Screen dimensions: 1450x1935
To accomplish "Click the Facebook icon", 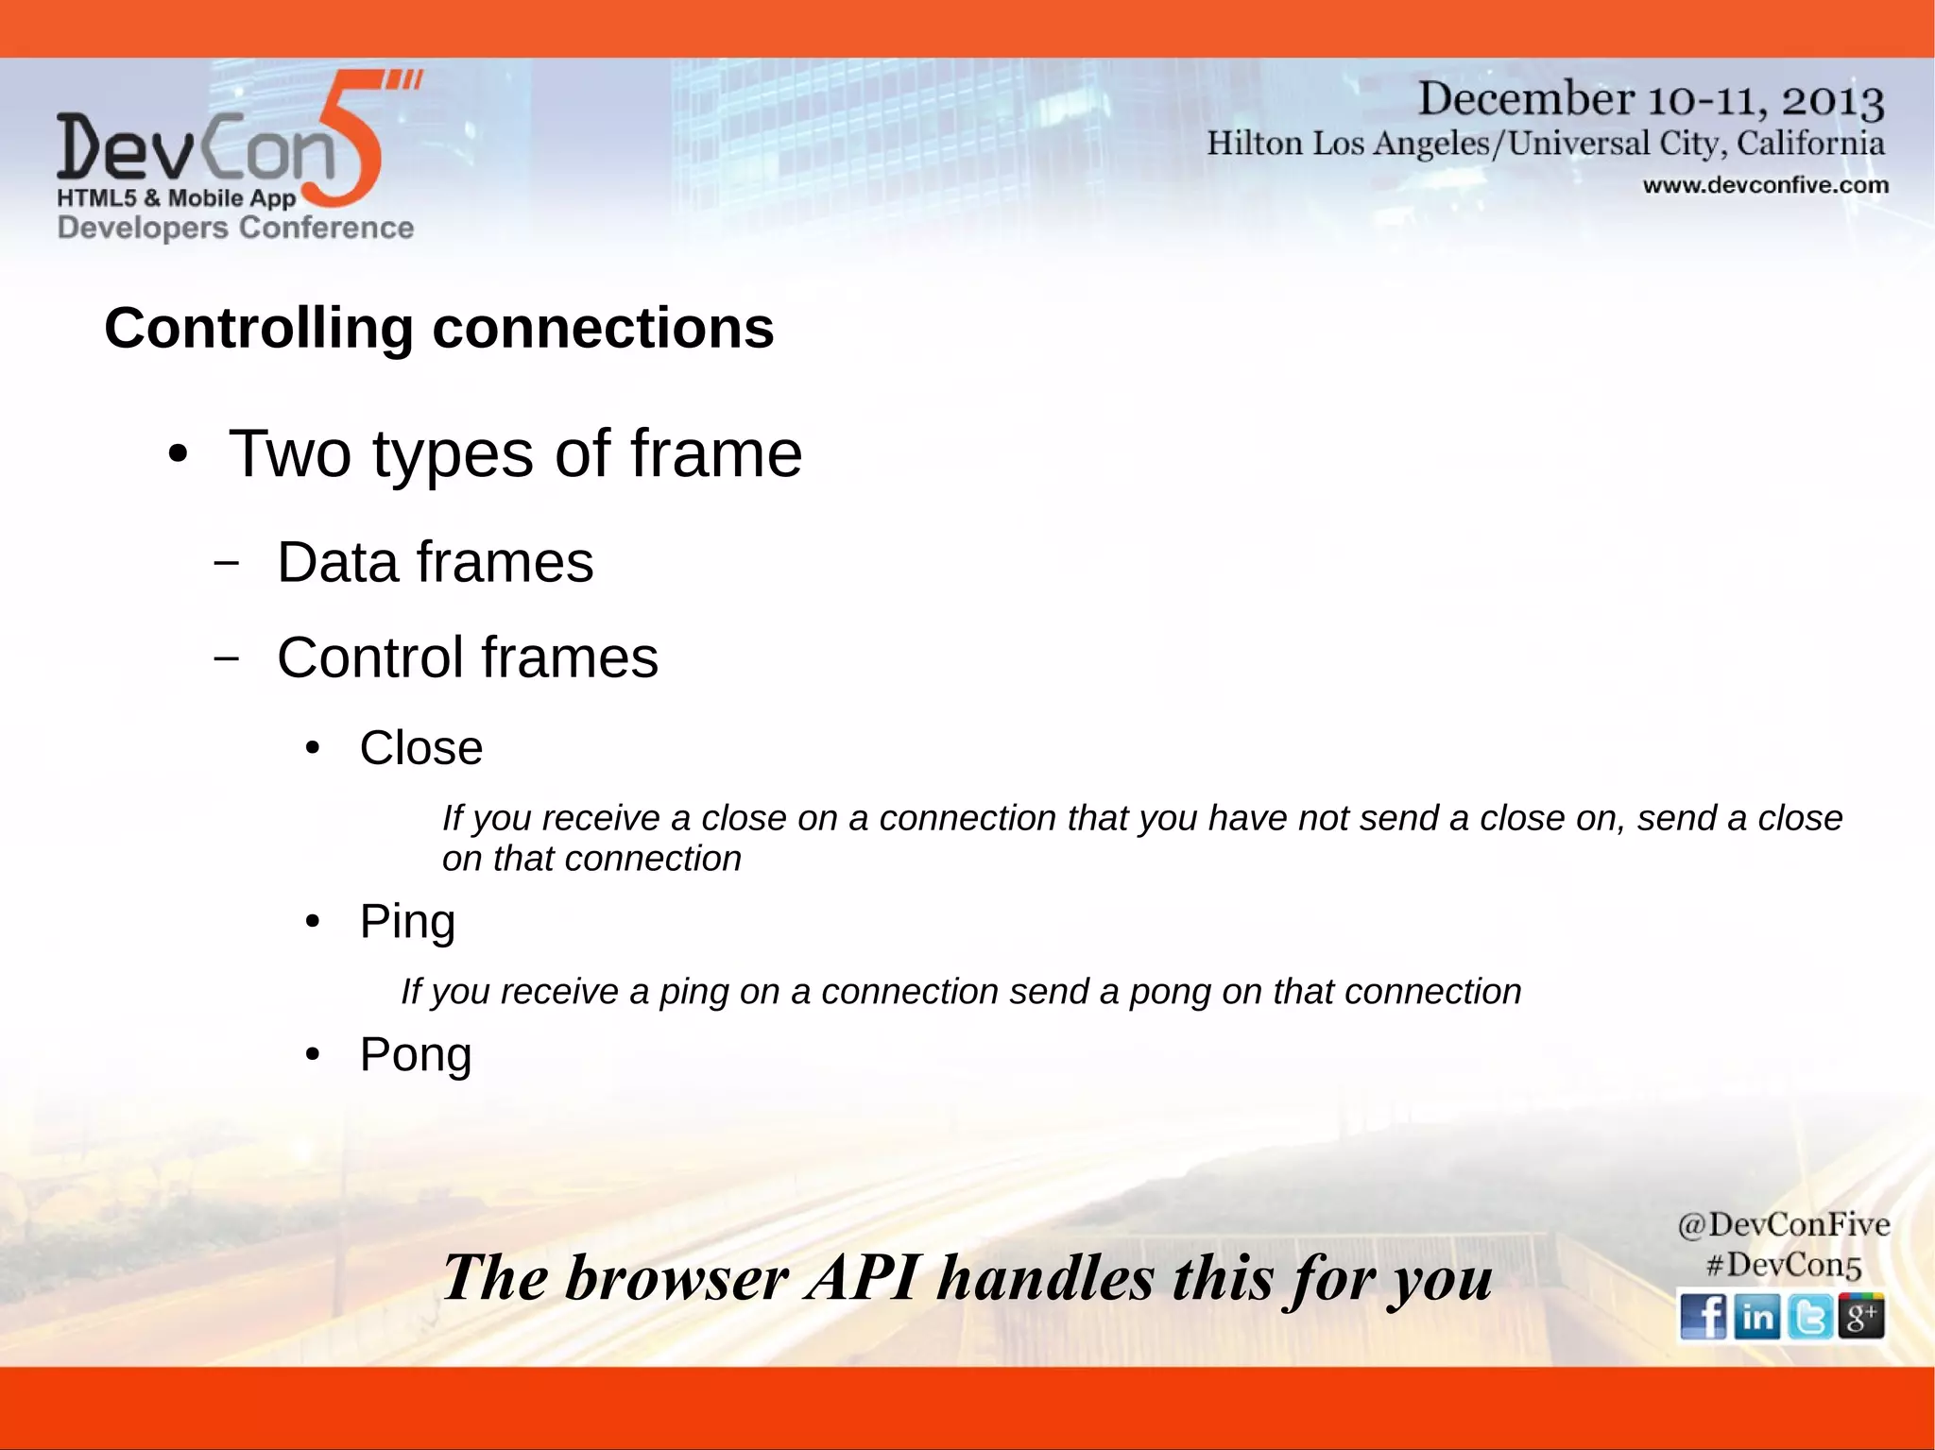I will (x=1703, y=1316).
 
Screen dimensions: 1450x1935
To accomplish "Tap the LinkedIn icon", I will (x=1756, y=1316).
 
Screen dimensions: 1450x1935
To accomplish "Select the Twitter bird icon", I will (x=1809, y=1316).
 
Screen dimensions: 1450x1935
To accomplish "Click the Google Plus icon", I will (x=1861, y=1316).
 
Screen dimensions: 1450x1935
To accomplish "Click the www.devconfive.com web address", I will (x=1765, y=185).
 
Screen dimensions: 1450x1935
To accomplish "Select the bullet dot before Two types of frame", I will (x=178, y=455).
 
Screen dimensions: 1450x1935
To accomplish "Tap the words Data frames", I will (x=435, y=562).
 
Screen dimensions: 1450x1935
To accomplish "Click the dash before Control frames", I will (x=227, y=657).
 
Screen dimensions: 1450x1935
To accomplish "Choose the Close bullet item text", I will (x=420, y=748).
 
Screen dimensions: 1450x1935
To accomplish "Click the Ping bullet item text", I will (x=407, y=921).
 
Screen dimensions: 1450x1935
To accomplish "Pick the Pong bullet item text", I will (x=415, y=1054).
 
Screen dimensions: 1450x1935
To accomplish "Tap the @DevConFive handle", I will (x=1783, y=1224).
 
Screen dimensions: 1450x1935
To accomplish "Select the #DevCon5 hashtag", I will (x=1783, y=1265).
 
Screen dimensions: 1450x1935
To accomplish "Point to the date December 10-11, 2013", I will (x=1651, y=99).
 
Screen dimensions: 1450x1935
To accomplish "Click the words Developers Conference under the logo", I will (x=235, y=228).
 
